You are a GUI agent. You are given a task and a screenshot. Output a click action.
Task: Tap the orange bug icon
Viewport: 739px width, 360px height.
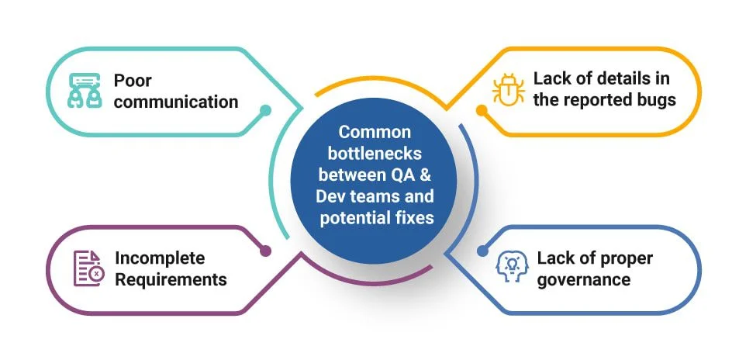(x=508, y=90)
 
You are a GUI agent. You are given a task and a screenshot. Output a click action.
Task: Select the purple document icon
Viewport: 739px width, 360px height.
(x=88, y=268)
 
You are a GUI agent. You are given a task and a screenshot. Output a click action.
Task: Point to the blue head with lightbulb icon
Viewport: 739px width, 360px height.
(x=512, y=268)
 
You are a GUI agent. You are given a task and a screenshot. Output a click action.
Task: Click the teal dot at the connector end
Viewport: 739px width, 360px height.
(x=265, y=110)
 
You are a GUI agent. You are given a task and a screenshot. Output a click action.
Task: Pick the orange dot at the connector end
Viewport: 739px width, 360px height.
(x=482, y=110)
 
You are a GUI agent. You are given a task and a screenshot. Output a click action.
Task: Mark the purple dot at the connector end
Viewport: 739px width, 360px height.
(x=265, y=251)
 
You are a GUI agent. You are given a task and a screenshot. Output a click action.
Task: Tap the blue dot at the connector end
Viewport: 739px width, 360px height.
(x=482, y=251)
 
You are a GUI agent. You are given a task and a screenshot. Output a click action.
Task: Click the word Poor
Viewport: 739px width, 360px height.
(x=133, y=81)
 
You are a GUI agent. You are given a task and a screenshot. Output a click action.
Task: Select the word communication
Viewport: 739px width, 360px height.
(x=176, y=102)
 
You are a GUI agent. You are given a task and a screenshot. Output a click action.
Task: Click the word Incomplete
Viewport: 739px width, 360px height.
(x=160, y=258)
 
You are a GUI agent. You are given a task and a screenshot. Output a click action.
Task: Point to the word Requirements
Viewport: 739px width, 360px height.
(x=171, y=279)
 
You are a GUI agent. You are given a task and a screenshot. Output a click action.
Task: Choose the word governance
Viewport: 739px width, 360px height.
(x=583, y=279)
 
